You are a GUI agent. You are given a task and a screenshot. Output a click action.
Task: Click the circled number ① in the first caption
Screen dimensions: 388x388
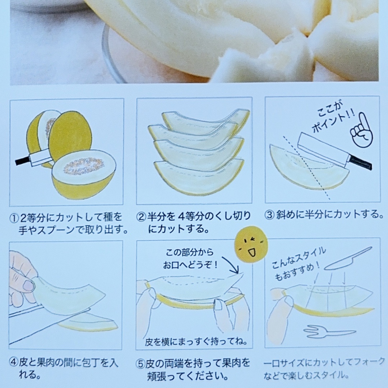pyautogui.click(x=14, y=218)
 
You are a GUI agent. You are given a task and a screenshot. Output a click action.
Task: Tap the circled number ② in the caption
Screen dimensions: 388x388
pyautogui.click(x=141, y=217)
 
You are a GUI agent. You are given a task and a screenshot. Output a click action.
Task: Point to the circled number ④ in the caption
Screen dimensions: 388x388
pyautogui.click(x=14, y=363)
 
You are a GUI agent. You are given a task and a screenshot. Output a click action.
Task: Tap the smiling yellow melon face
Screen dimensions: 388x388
pyautogui.click(x=251, y=244)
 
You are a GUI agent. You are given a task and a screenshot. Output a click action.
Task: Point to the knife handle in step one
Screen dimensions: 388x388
pyautogui.click(x=22, y=161)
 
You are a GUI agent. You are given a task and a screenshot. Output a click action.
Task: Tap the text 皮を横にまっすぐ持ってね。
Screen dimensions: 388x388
pyautogui.click(x=196, y=341)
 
